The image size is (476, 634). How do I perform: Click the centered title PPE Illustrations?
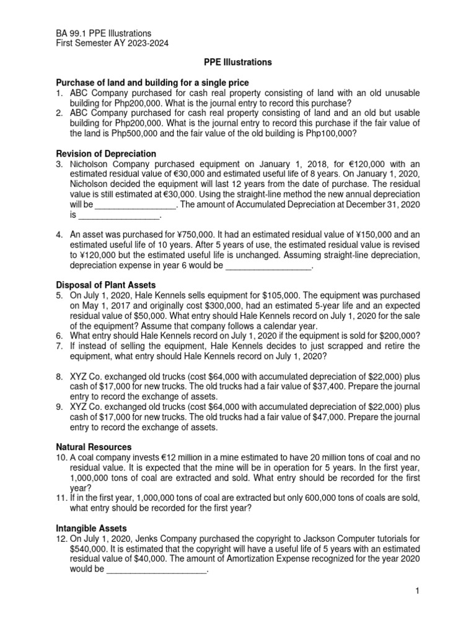click(237, 63)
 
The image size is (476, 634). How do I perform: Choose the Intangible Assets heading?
click(91, 528)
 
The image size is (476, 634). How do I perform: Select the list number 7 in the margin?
click(59, 345)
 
